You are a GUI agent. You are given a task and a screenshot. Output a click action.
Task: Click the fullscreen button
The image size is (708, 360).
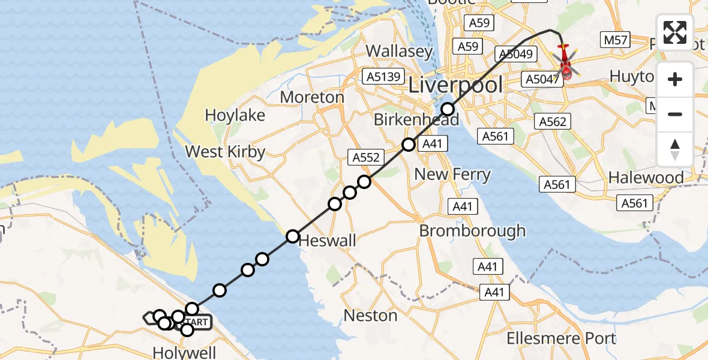pyautogui.click(x=675, y=32)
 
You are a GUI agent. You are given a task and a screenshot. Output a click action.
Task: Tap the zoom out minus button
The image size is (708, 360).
pyautogui.click(x=675, y=114)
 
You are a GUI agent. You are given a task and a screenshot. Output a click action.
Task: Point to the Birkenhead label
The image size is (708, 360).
pyautogui.click(x=416, y=119)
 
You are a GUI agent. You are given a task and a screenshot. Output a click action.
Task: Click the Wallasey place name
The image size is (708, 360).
pyautogui.click(x=399, y=51)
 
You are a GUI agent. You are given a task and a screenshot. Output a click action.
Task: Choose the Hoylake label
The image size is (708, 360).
pyautogui.click(x=235, y=115)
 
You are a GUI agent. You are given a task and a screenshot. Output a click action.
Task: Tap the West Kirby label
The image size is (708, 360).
pyautogui.click(x=225, y=151)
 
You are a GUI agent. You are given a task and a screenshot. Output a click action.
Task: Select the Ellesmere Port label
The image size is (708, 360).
pyautogui.click(x=561, y=338)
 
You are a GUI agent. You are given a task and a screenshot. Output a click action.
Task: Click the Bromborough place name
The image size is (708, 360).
pyautogui.click(x=472, y=230)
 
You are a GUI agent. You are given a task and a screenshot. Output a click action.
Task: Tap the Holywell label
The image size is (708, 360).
pyautogui.click(x=184, y=352)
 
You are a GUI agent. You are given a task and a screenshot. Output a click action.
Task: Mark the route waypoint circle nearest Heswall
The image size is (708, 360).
pyautogui.click(x=292, y=236)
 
